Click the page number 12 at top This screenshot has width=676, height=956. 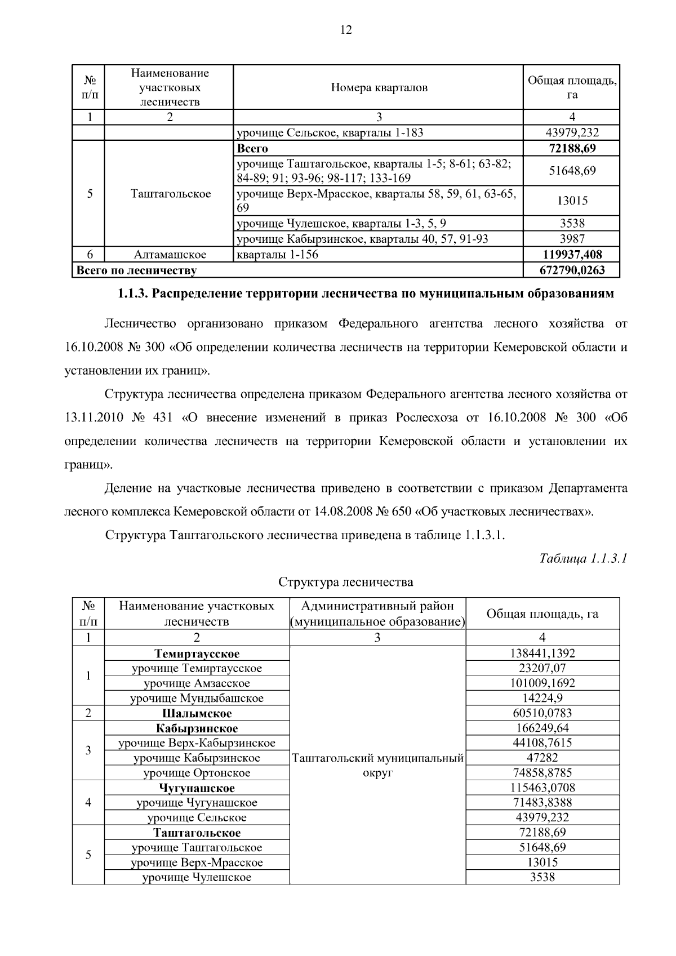click(x=346, y=30)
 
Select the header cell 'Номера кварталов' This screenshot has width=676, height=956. click(x=379, y=87)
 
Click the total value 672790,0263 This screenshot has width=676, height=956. click(x=572, y=270)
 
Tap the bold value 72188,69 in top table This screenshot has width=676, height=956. click(x=572, y=149)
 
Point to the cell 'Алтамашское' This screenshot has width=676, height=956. click(x=170, y=255)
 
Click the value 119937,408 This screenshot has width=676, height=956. click(x=572, y=255)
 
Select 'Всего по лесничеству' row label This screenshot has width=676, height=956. click(x=136, y=270)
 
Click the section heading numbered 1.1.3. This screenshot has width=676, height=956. click(x=365, y=294)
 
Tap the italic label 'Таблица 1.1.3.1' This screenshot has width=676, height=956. click(x=583, y=558)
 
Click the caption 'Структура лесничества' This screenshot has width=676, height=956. click(x=345, y=582)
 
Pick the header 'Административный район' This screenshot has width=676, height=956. click(x=377, y=606)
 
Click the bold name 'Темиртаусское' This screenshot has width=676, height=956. click(x=197, y=653)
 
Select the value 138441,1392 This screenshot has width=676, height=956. click(x=542, y=653)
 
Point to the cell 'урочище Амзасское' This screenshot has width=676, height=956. click(x=197, y=683)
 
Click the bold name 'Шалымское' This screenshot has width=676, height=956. click(x=197, y=713)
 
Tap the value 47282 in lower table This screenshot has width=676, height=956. click(x=542, y=758)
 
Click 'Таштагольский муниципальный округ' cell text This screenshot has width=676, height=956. click(x=377, y=765)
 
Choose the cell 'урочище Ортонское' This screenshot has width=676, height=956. click(x=197, y=773)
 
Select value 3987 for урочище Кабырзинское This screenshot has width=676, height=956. click(x=572, y=239)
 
